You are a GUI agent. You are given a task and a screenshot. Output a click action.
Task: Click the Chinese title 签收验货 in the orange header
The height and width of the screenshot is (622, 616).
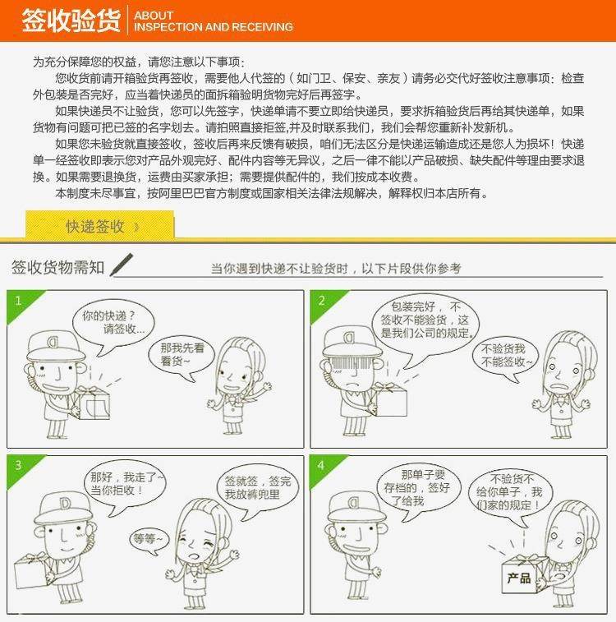pyautogui.click(x=71, y=21)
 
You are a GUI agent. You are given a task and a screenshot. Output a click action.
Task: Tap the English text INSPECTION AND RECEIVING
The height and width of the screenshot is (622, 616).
pyautogui.click(x=214, y=27)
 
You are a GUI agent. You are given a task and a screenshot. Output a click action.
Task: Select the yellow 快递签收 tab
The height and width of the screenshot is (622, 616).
pyautogui.click(x=100, y=225)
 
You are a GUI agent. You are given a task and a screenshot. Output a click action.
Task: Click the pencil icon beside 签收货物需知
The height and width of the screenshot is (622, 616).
pyautogui.click(x=121, y=265)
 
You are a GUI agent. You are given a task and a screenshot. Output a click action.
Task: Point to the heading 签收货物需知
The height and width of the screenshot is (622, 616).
pyautogui.click(x=57, y=267)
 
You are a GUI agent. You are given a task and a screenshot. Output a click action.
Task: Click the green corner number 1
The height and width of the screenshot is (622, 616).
pyautogui.click(x=18, y=301)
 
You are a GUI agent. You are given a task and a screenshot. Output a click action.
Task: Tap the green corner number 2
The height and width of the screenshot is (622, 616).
pyautogui.click(x=321, y=301)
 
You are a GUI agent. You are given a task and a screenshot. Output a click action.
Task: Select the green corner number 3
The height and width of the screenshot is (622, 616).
pyautogui.click(x=18, y=465)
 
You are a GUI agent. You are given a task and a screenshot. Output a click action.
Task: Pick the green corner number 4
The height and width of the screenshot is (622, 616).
pyautogui.click(x=321, y=465)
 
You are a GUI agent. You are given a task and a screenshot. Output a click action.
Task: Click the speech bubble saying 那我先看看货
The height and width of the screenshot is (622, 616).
pyautogui.click(x=182, y=356)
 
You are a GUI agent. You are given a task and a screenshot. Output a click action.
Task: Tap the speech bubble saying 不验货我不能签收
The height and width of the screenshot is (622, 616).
pyautogui.click(x=505, y=356)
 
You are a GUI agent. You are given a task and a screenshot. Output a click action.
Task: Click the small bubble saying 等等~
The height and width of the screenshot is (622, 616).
pyautogui.click(x=149, y=541)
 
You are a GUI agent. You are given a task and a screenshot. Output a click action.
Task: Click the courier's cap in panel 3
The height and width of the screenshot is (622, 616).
pyautogui.click(x=63, y=509)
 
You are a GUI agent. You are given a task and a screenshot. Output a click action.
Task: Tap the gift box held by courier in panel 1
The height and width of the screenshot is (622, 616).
pyautogui.click(x=94, y=403)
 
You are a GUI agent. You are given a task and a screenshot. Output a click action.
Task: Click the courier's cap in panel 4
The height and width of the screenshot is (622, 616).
pyautogui.click(x=356, y=507)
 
